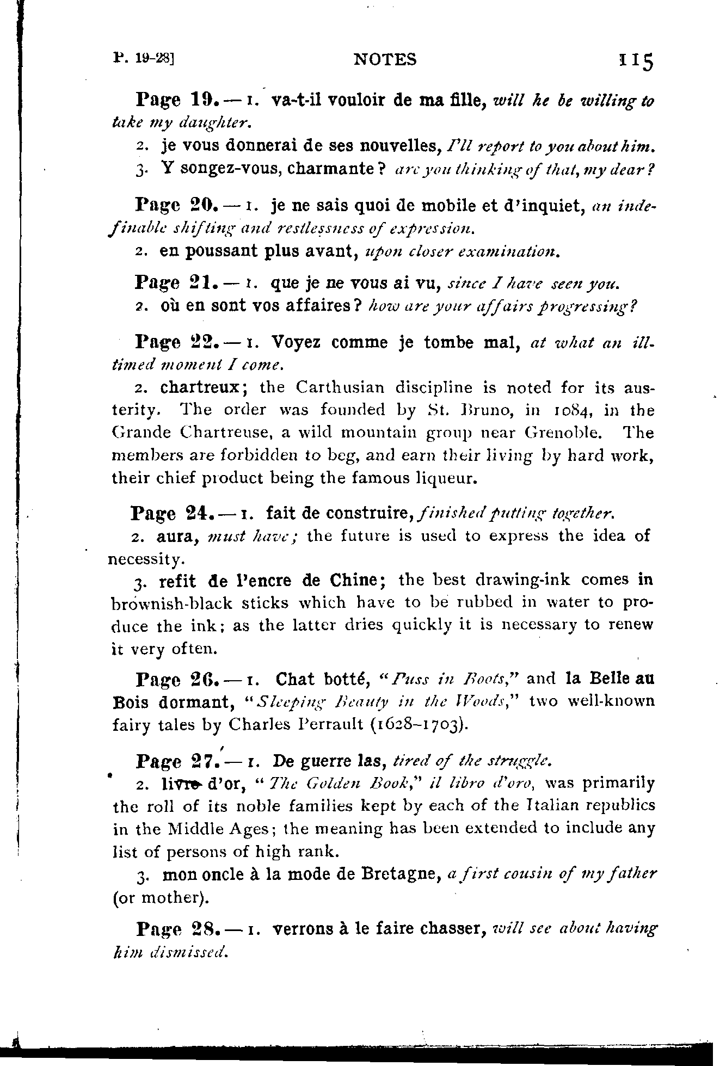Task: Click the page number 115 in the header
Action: coord(635,61)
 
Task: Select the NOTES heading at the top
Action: coord(385,59)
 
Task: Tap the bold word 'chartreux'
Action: coord(200,387)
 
